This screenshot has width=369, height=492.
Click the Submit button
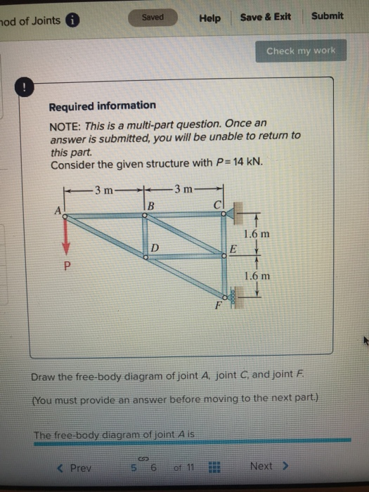(x=327, y=16)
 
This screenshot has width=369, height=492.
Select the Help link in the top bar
(x=209, y=18)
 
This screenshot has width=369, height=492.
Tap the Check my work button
(x=301, y=51)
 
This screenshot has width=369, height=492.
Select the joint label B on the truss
(x=150, y=205)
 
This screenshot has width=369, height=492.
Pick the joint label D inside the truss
(x=156, y=247)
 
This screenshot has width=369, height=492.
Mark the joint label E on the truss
(x=234, y=250)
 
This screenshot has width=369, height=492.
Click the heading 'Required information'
(x=102, y=105)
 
